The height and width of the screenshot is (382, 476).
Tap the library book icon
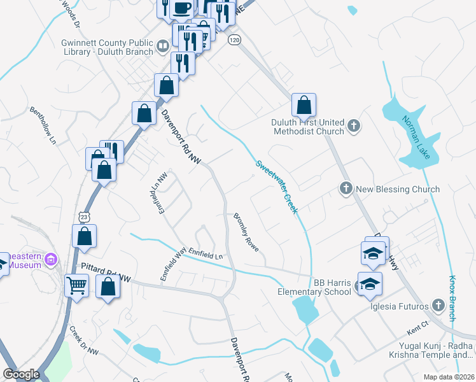[163, 46]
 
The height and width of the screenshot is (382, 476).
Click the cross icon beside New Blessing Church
[346, 188]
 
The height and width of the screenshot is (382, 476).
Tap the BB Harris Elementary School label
[314, 287]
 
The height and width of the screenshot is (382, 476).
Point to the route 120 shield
[235, 39]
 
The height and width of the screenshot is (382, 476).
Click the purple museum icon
[52, 260]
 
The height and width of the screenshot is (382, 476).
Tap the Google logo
[21, 374]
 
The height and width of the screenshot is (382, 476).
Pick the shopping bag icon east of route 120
[304, 105]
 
